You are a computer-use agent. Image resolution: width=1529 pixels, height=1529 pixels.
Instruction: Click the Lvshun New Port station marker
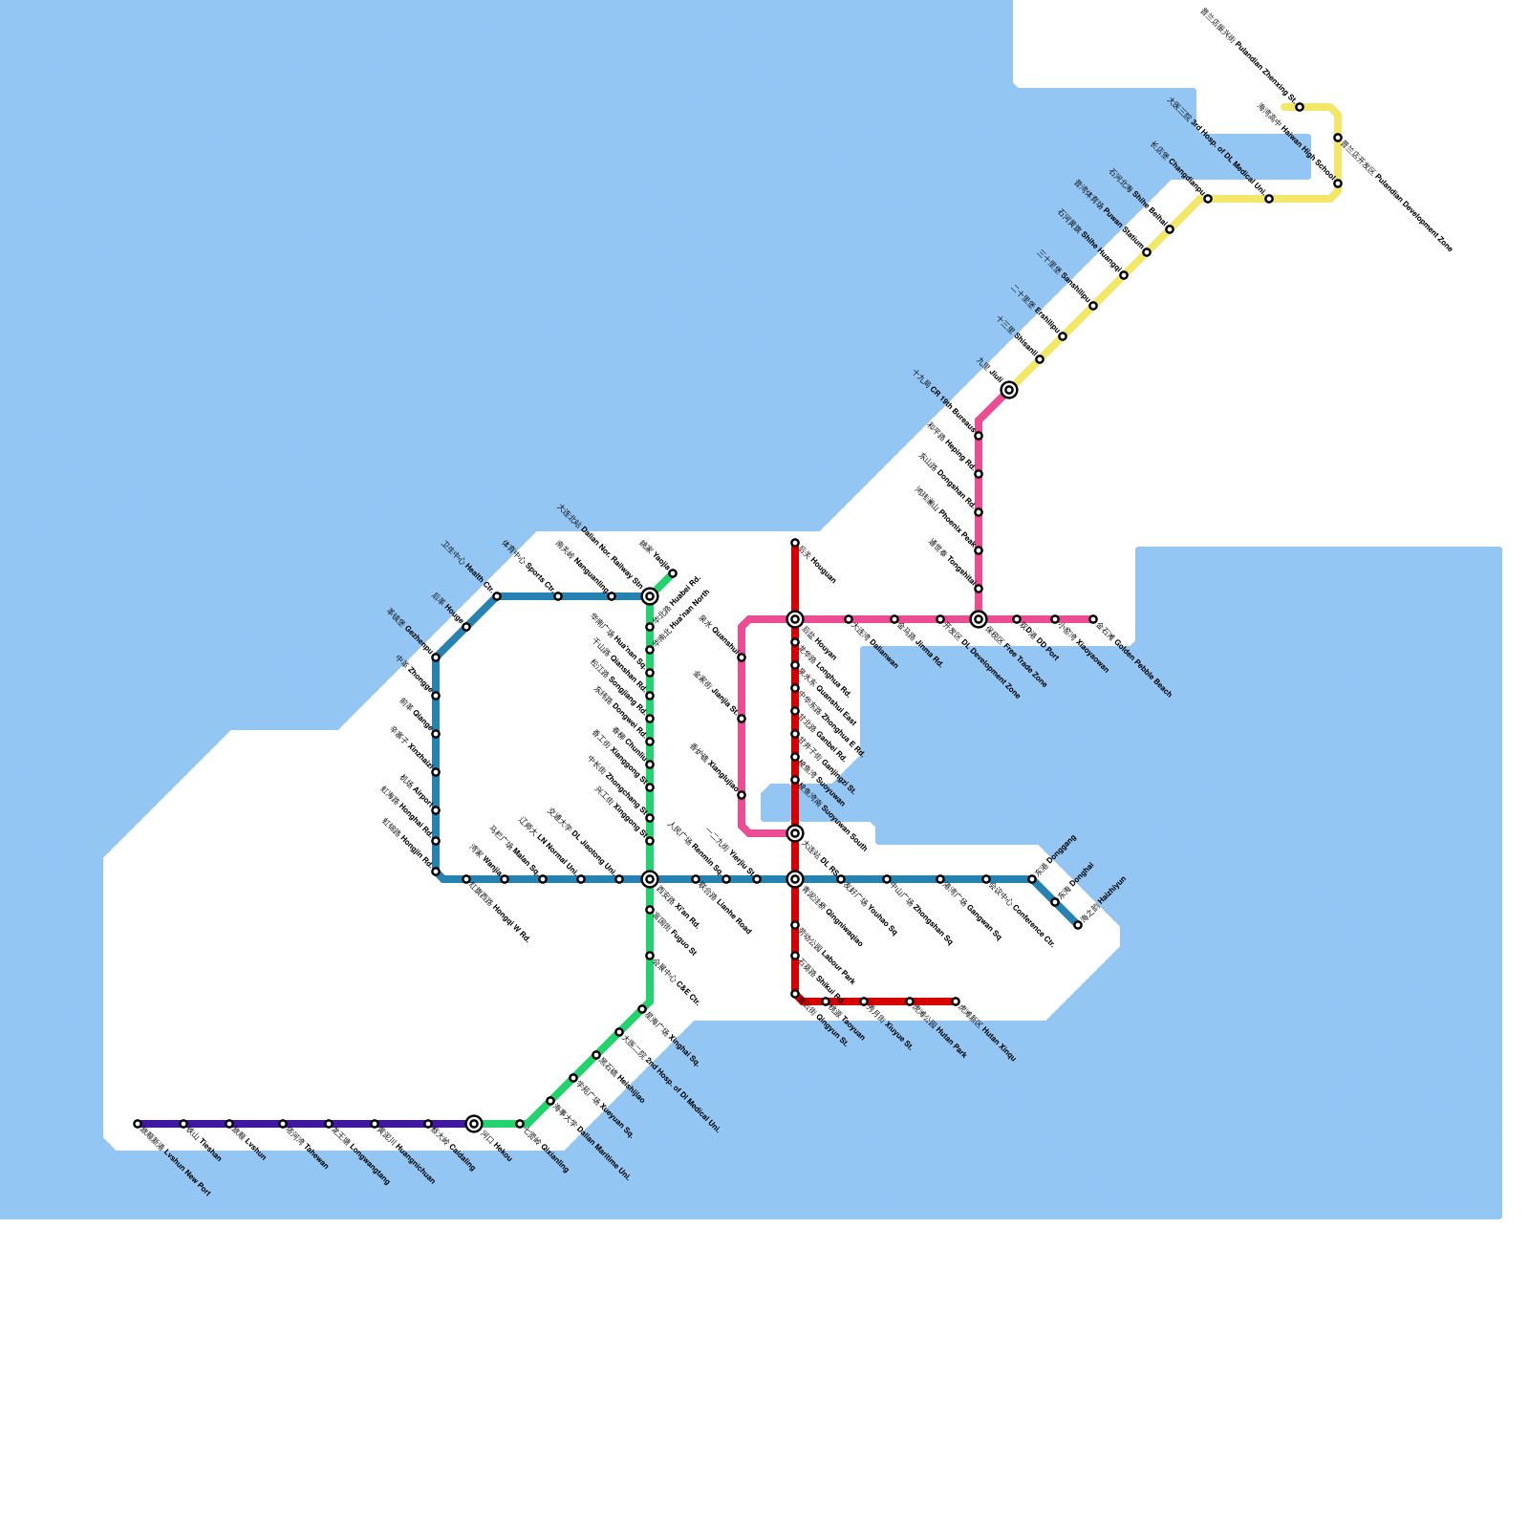(x=138, y=1124)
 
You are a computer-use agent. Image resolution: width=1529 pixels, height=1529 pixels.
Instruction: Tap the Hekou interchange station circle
(x=474, y=1124)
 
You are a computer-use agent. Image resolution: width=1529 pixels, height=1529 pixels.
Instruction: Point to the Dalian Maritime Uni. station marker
(x=550, y=1101)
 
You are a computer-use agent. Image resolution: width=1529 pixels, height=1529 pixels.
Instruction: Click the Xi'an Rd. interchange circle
(x=650, y=879)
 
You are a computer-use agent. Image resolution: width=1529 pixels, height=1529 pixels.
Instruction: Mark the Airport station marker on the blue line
(x=436, y=810)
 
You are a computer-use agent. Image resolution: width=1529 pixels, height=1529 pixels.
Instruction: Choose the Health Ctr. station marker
(x=497, y=596)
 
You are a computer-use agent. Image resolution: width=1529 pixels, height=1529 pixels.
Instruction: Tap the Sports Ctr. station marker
(x=558, y=596)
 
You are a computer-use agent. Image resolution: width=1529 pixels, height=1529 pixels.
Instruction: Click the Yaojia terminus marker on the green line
(x=673, y=573)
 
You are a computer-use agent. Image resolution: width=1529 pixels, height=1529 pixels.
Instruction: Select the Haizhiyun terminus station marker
(x=1078, y=925)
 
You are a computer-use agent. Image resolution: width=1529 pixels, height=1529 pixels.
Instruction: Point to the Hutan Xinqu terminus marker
(x=956, y=1001)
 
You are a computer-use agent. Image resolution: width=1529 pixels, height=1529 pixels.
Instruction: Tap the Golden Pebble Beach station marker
(x=1093, y=619)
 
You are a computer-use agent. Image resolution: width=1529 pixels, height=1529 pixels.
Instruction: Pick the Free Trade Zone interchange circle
(x=979, y=619)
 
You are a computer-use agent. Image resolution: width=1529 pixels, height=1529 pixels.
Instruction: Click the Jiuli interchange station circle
(x=1009, y=390)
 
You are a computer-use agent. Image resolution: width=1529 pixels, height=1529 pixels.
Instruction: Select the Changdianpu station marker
(x=1208, y=199)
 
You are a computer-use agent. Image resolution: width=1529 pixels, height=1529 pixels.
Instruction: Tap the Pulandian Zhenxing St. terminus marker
(x=1300, y=107)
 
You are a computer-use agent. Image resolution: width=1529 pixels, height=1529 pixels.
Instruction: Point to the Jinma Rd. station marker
(x=894, y=619)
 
